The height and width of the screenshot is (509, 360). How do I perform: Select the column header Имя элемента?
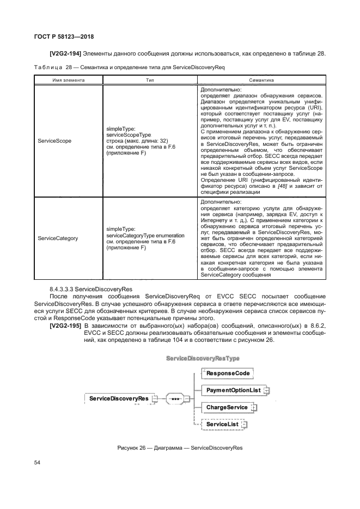(69, 79)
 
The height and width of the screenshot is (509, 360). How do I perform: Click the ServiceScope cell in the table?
(54, 140)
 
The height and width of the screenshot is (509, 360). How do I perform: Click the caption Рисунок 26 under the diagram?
(180, 448)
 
